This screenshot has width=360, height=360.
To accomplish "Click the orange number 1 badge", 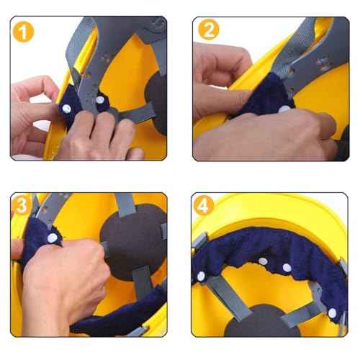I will click(25, 33).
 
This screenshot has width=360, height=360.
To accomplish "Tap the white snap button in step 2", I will click(285, 109).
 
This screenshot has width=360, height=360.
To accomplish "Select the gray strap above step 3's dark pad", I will click(126, 204).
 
